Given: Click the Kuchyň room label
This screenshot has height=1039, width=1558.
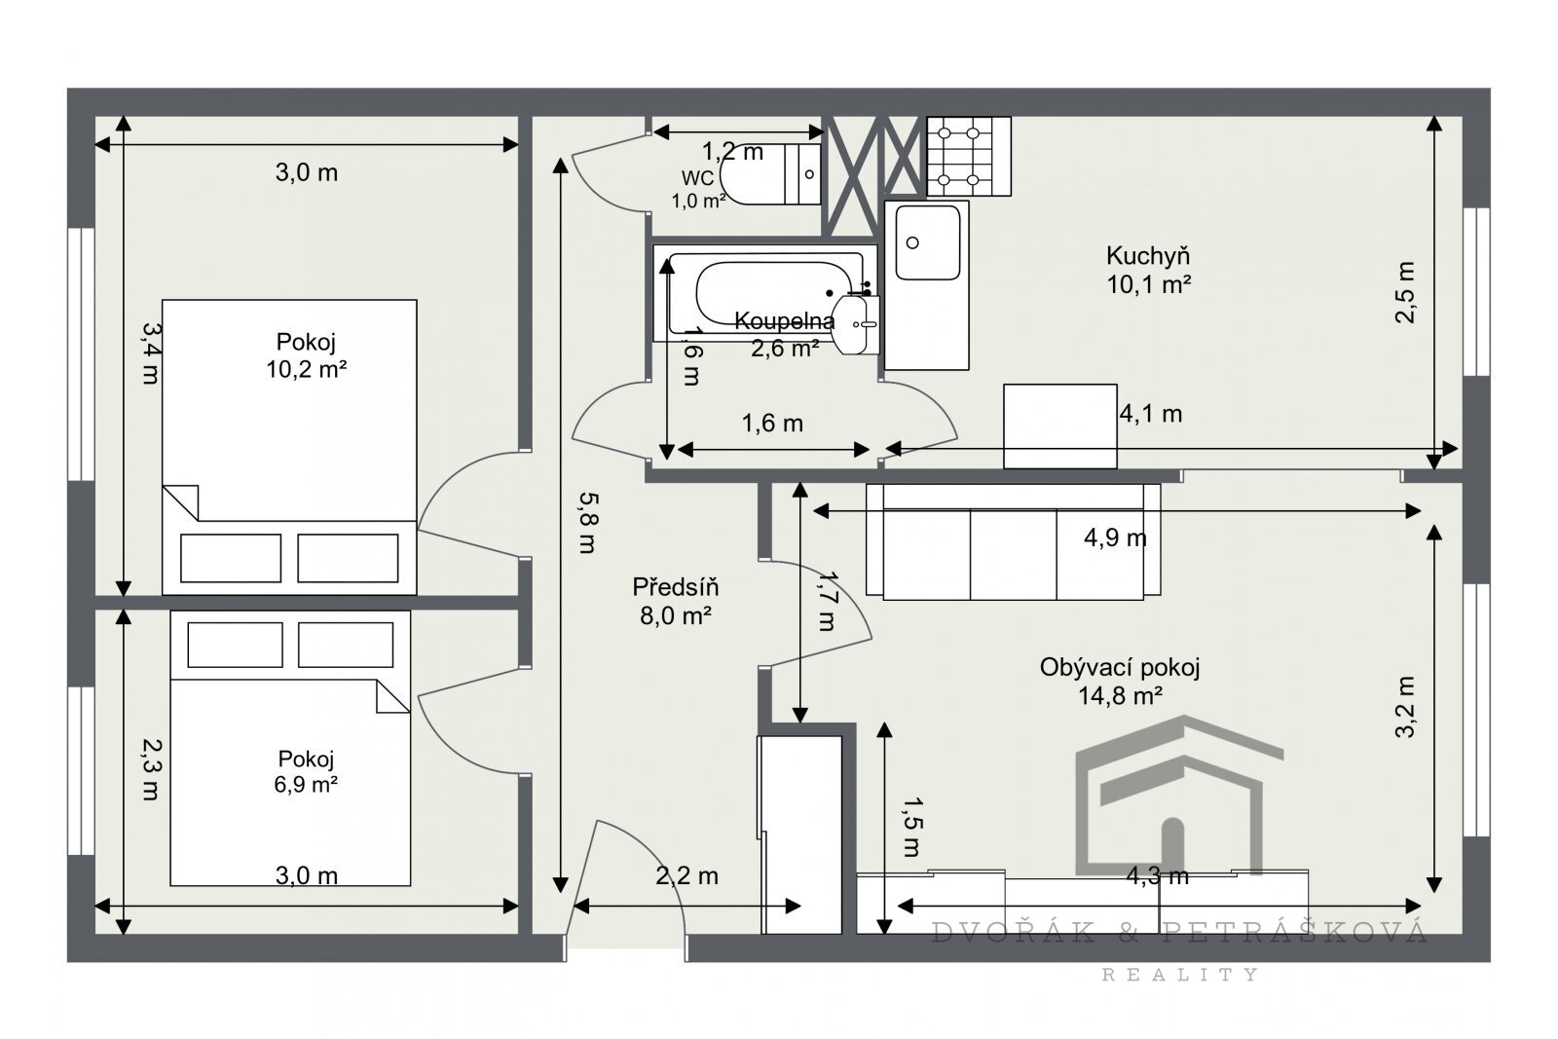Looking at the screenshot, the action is [1148, 257].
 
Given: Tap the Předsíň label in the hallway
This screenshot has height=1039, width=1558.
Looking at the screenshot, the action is [675, 587].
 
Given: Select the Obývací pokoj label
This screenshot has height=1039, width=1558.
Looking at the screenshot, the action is [1120, 668].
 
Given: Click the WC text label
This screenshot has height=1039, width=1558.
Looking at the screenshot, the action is [697, 179].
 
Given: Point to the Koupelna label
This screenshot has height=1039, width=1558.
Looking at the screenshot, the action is [784, 321].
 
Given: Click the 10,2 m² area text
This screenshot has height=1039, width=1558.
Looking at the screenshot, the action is [306, 369].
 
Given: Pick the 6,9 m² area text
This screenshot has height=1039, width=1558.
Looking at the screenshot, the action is [306, 785].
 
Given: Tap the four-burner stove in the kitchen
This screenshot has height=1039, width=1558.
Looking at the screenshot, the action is [968, 156].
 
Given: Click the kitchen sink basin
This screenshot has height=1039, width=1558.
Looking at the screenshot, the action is [928, 242].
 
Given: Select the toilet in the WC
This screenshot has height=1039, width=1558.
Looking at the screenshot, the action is [770, 174].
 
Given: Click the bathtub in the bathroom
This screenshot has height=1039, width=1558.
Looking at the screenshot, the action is [765, 293].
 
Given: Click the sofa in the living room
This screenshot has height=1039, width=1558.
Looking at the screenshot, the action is [1014, 541].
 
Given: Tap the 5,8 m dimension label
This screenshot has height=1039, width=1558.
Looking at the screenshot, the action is [588, 522].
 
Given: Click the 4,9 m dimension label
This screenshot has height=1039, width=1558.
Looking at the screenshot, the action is [1115, 538].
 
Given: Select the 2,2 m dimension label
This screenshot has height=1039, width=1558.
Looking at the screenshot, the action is [686, 876].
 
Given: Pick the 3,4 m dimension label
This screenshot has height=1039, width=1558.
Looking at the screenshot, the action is [150, 353].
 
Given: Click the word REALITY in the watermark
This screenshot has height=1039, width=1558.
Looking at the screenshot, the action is [1180, 975].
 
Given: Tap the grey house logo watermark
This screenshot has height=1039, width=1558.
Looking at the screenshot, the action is [1178, 795].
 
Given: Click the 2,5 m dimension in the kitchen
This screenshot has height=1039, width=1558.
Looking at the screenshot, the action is [1405, 292].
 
